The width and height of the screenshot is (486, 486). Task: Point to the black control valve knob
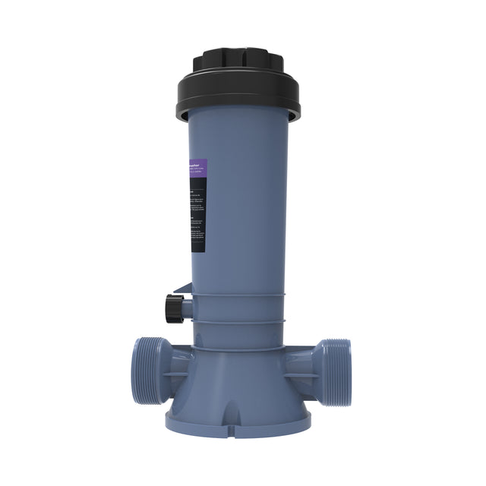pyautogui.click(x=173, y=308)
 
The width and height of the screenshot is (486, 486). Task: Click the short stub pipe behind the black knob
pyautogui.click(x=187, y=308)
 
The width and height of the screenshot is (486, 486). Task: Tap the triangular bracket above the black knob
pyautogui.click(x=181, y=289)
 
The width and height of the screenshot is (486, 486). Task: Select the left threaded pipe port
pyautogui.click(x=144, y=371)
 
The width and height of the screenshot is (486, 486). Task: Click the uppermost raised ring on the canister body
pyautogui.click(x=239, y=294)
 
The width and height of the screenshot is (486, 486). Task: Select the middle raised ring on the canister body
pyautogui.click(x=239, y=320)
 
